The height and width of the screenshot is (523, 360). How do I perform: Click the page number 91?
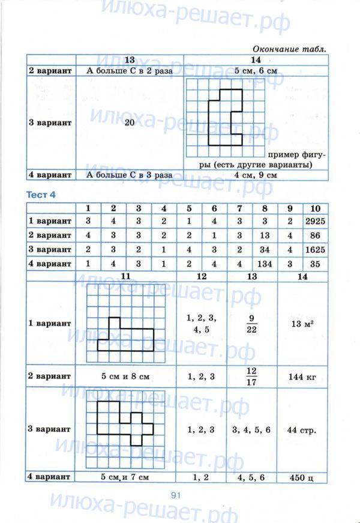176,495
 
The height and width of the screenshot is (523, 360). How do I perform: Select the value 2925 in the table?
314,221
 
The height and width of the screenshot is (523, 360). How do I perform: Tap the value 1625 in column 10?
314,249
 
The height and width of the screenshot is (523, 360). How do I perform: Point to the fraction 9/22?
252,322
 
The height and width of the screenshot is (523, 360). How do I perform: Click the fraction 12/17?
252,376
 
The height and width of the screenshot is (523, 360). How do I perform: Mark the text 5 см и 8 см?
125,377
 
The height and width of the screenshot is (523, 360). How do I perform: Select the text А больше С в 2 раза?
130,71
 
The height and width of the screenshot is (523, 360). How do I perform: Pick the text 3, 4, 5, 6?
252,429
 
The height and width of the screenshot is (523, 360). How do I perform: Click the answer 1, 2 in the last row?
201,477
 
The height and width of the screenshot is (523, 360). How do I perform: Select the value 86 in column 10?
314,235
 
